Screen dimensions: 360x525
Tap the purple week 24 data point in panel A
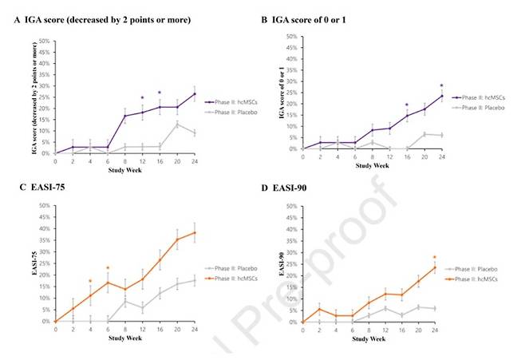pos(194,93)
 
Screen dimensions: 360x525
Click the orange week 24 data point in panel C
pos(194,233)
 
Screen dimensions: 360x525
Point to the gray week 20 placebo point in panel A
pos(176,124)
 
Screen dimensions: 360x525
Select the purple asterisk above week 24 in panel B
pos(441,85)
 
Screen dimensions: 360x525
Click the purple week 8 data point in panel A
pos(124,116)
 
